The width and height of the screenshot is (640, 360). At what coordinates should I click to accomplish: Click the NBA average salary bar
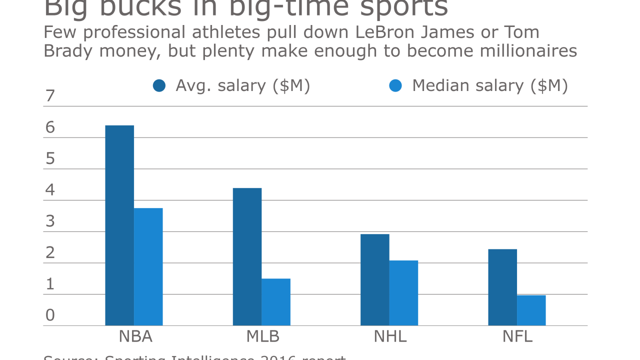(x=119, y=225)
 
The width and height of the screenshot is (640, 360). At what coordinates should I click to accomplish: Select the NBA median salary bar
(x=148, y=266)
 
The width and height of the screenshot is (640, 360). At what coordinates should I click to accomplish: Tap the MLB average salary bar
(x=247, y=256)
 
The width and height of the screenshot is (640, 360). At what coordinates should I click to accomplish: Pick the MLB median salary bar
(x=276, y=302)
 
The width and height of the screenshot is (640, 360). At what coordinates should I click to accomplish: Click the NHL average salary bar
(x=374, y=279)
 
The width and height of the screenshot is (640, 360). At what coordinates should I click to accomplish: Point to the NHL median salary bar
(x=403, y=293)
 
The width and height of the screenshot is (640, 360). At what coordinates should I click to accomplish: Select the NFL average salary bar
(x=502, y=287)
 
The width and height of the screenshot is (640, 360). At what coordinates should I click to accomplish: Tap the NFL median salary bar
(x=531, y=310)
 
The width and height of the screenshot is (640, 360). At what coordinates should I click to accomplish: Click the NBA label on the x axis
(x=135, y=336)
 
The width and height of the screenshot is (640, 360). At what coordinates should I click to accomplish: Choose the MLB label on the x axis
(x=262, y=336)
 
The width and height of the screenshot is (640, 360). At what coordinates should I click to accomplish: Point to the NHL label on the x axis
(x=390, y=336)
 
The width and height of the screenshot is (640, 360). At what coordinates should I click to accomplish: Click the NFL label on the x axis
(x=517, y=336)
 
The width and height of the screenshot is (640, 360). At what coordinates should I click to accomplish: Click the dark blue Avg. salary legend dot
(x=159, y=86)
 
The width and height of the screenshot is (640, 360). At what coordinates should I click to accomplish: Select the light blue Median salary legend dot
(x=395, y=86)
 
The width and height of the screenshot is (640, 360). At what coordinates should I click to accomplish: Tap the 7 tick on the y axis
(x=49, y=95)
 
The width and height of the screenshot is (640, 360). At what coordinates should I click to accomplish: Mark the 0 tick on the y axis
(x=49, y=315)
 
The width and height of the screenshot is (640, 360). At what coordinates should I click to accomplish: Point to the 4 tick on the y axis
(x=49, y=190)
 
